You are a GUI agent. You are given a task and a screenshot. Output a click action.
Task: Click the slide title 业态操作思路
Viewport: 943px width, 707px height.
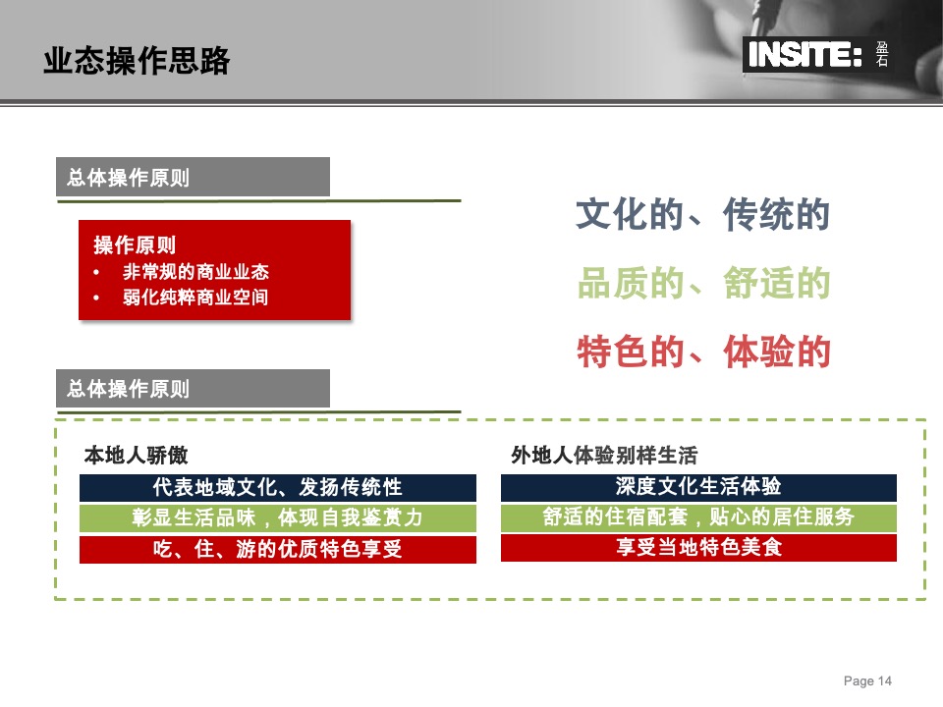pos(137,62)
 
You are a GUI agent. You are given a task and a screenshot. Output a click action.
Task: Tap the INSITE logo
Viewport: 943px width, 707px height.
pos(804,56)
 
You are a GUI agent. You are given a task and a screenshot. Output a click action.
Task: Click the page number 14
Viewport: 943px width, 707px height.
pos(884,681)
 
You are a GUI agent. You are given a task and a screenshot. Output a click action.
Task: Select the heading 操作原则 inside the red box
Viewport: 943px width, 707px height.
pos(135,245)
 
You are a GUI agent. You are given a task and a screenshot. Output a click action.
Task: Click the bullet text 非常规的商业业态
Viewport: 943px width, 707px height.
pos(195,272)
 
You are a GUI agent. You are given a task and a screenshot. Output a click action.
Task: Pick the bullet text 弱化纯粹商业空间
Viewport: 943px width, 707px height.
pos(195,297)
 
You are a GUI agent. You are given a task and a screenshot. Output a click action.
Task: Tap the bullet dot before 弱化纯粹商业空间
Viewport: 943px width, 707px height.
pos(97,298)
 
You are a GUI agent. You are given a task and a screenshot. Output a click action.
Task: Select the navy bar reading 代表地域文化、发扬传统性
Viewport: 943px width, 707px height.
pos(278,488)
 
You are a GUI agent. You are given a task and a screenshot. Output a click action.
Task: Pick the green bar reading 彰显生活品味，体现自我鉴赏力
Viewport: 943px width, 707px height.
pos(278,518)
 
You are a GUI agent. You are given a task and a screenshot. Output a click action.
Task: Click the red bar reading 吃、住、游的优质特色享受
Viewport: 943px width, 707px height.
pos(278,549)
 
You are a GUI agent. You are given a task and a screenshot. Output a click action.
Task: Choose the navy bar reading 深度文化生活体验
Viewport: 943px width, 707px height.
pos(698,487)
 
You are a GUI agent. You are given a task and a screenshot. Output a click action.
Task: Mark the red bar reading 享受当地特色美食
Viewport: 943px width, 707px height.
pos(698,548)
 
